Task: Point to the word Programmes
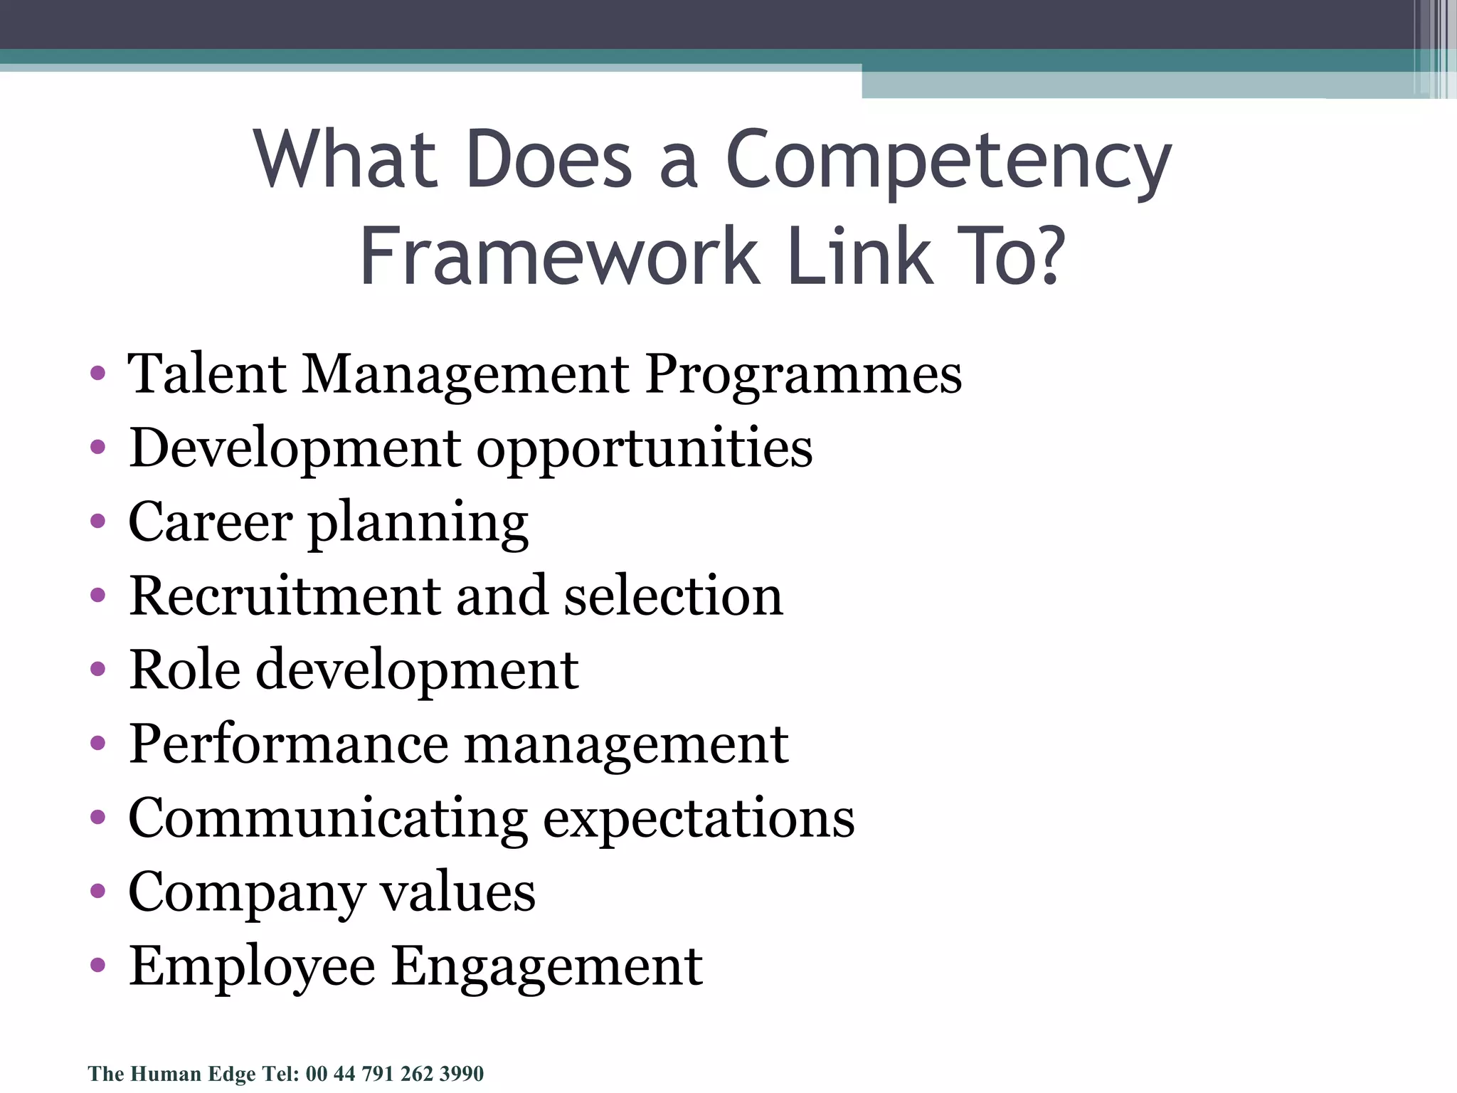tap(803, 375)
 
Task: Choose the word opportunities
tap(644, 450)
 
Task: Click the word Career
tap(210, 522)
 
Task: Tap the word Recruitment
tap(285, 596)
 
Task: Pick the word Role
tap(184, 670)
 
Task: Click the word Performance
tap(288, 744)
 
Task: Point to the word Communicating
tap(328, 818)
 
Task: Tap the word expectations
tap(699, 818)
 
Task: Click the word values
tap(457, 892)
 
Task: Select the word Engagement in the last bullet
tap(547, 966)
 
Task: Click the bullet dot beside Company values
tap(98, 892)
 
